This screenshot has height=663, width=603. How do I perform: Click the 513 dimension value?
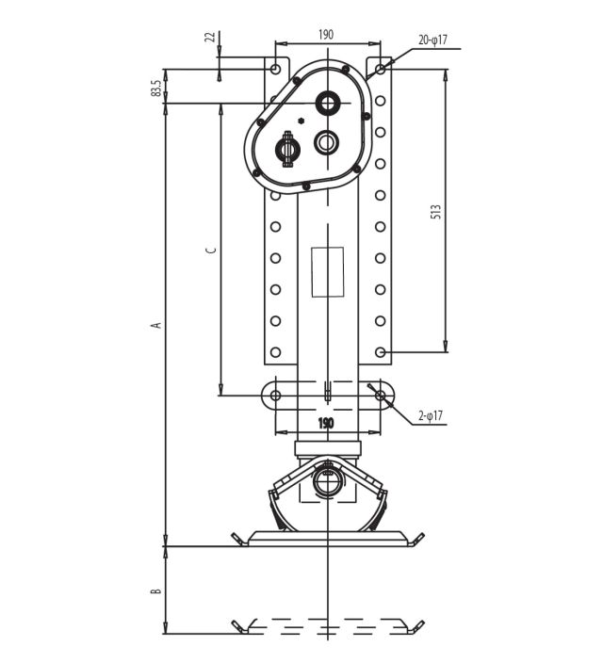(436, 211)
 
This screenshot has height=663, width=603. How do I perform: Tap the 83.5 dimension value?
(155, 88)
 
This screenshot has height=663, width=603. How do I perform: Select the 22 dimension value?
(210, 37)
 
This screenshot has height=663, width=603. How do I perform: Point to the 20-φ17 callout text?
(432, 40)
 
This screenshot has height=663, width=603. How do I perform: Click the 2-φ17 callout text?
(431, 415)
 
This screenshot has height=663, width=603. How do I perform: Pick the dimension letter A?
(157, 325)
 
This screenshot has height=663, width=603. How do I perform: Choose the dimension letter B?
(156, 590)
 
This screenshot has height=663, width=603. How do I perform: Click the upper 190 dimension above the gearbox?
(326, 34)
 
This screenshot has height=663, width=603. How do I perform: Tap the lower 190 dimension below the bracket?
(325, 423)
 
